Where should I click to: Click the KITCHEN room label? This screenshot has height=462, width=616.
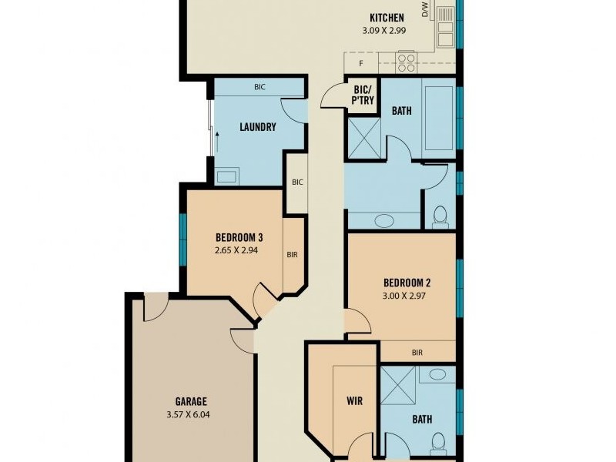pos(387,18)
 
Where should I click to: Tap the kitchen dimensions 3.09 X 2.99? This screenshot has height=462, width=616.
pos(384,30)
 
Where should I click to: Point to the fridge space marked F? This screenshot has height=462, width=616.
pos(361,63)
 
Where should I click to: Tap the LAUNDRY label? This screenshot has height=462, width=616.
pos(258,127)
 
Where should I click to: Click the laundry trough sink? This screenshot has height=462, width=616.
pos(227,175)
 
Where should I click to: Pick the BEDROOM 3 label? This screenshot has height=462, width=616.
pos(239,237)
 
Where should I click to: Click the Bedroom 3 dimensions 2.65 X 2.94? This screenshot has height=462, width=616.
pos(236,249)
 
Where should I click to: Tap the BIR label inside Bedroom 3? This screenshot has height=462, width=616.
pos(293,255)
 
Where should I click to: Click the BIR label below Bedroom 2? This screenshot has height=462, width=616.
pos(417,353)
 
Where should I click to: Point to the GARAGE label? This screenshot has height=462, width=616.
pos(191,401)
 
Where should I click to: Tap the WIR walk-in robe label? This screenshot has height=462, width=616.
pos(354,401)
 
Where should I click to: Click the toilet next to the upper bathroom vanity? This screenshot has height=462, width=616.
pos(440,217)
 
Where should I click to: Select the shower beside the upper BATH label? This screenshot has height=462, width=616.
pos(364,139)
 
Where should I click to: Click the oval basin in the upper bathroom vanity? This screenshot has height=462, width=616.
pos(384,221)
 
